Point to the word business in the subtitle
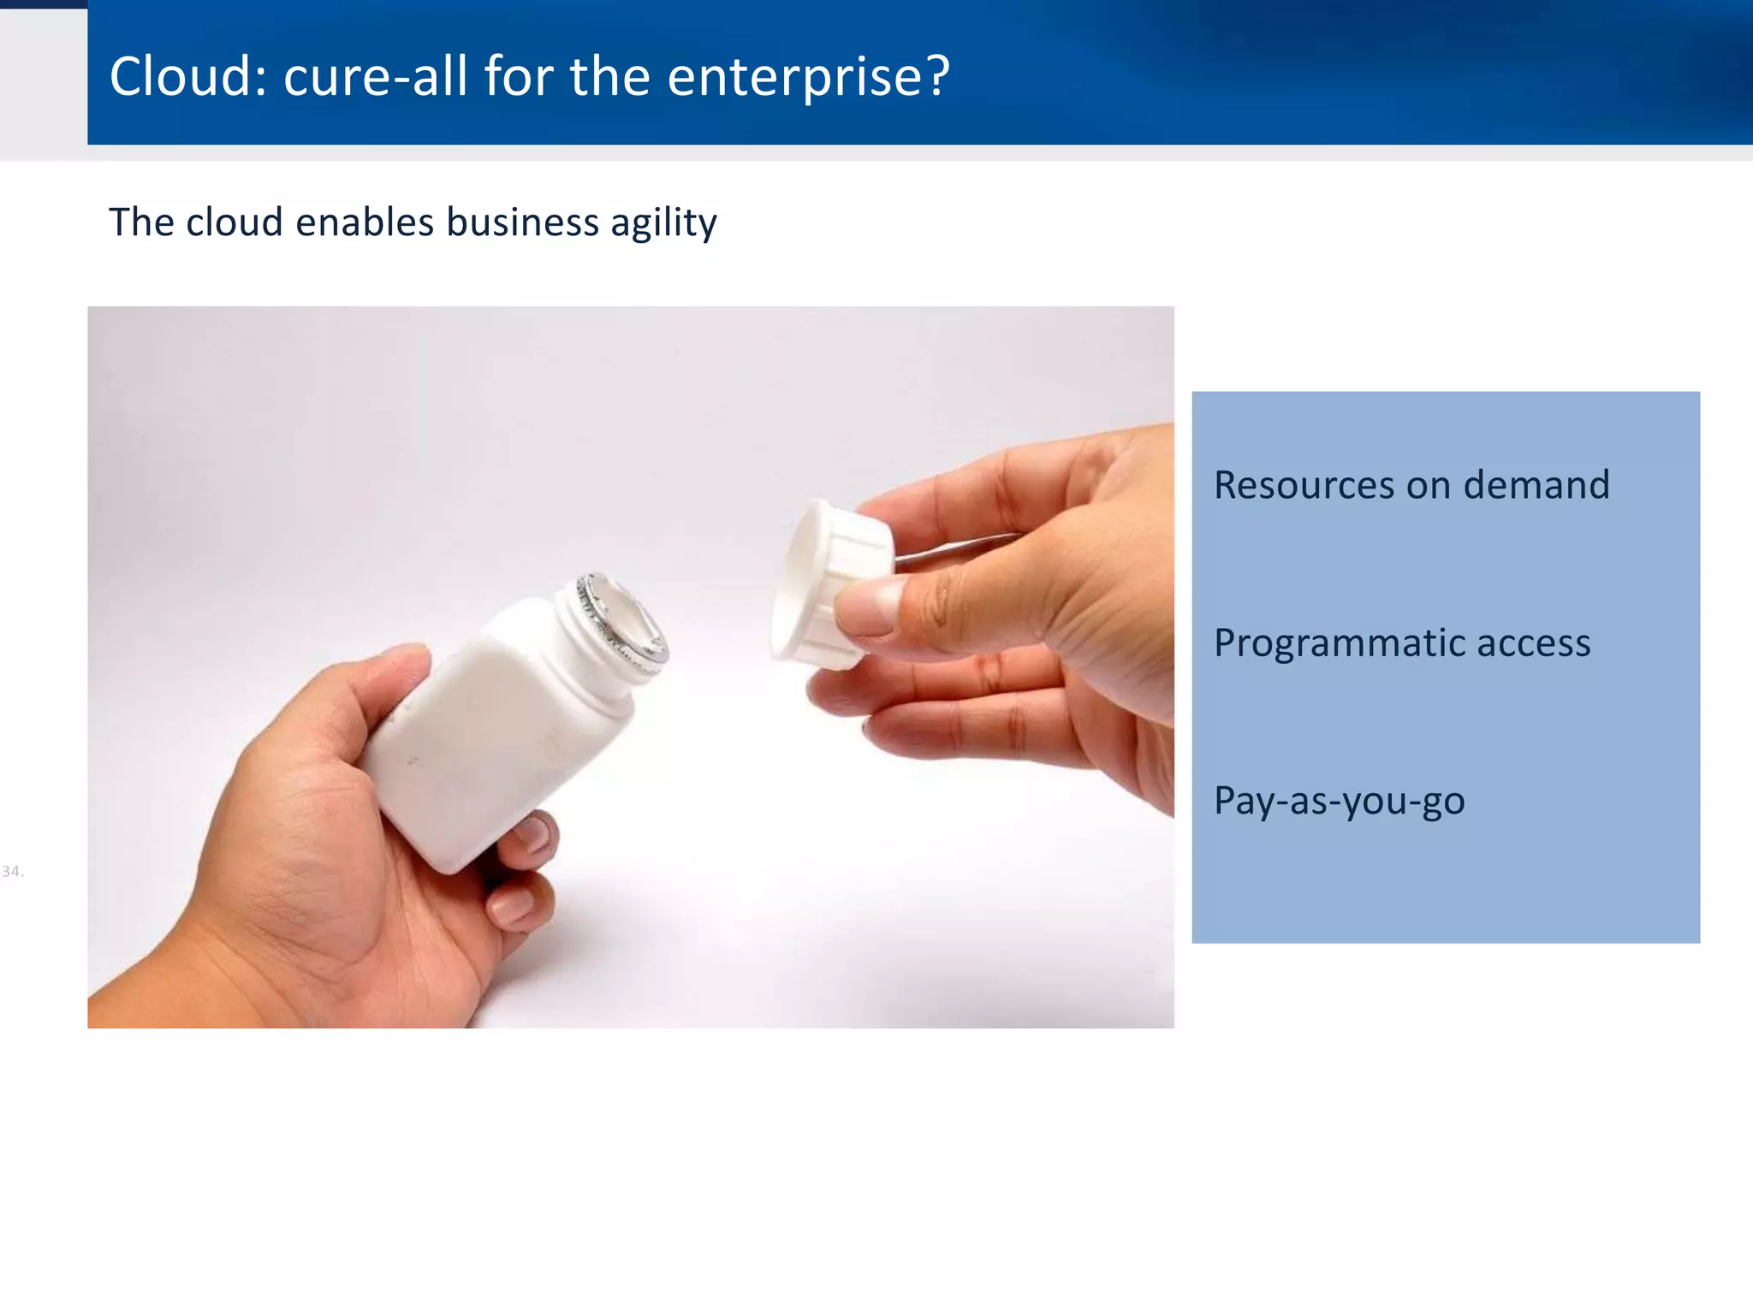pyautogui.click(x=522, y=222)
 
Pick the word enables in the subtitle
pyautogui.click(x=365, y=222)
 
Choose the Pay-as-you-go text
pyautogui.click(x=1339, y=802)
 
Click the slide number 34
pyautogui.click(x=12, y=872)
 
